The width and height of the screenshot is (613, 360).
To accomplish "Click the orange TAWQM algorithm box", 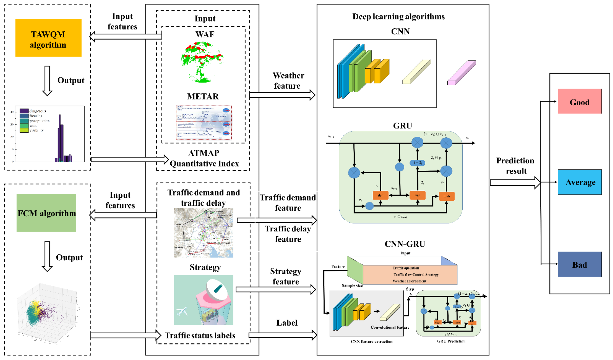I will point(48,38).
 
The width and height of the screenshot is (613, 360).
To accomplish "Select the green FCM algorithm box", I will point(46,213).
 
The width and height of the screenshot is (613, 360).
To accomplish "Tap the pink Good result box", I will point(579,101).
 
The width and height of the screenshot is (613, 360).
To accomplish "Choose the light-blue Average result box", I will point(579,182).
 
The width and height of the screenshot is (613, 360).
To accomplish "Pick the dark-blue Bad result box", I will point(579,264).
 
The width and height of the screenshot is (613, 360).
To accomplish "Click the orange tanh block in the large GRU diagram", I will point(446,196).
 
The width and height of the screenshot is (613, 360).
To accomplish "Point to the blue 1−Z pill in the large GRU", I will point(417,163).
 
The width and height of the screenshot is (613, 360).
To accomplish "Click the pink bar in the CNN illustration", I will point(461,73).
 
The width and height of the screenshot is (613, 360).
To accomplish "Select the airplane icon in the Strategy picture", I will point(182,311).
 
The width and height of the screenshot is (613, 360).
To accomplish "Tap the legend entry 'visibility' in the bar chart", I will point(36,130).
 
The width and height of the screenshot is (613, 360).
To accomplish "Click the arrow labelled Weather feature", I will point(282,95).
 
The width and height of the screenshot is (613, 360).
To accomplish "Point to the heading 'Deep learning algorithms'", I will point(398,17).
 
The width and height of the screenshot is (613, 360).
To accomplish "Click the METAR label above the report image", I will point(203,96).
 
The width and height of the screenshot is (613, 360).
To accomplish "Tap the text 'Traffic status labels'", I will point(200,335).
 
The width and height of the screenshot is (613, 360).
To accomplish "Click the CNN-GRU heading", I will point(405,244).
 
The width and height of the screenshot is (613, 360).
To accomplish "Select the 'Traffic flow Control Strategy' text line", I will point(416,274).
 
